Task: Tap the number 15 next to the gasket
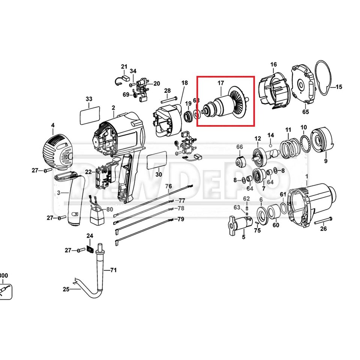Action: tap(339, 87)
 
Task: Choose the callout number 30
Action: tap(159, 174)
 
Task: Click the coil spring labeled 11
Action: tap(290, 147)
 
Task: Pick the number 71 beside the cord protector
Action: tap(113, 270)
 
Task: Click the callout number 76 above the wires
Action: tap(168, 186)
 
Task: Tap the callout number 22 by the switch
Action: tap(88, 172)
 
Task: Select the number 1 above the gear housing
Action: tap(307, 176)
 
